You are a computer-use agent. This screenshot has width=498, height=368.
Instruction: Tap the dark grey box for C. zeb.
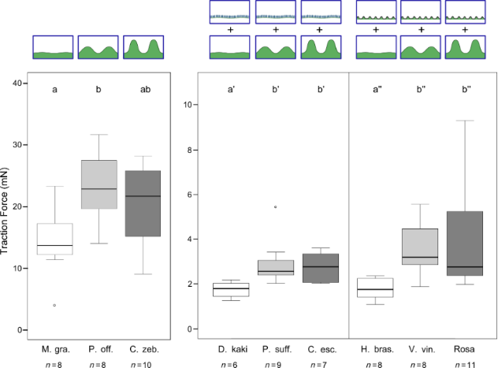tap(143, 203)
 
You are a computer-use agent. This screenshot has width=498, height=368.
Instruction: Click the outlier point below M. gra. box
tap(54, 305)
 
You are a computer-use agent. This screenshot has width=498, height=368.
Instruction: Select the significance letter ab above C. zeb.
tap(143, 90)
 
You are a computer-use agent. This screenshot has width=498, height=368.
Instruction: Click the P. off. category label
tap(99, 347)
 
